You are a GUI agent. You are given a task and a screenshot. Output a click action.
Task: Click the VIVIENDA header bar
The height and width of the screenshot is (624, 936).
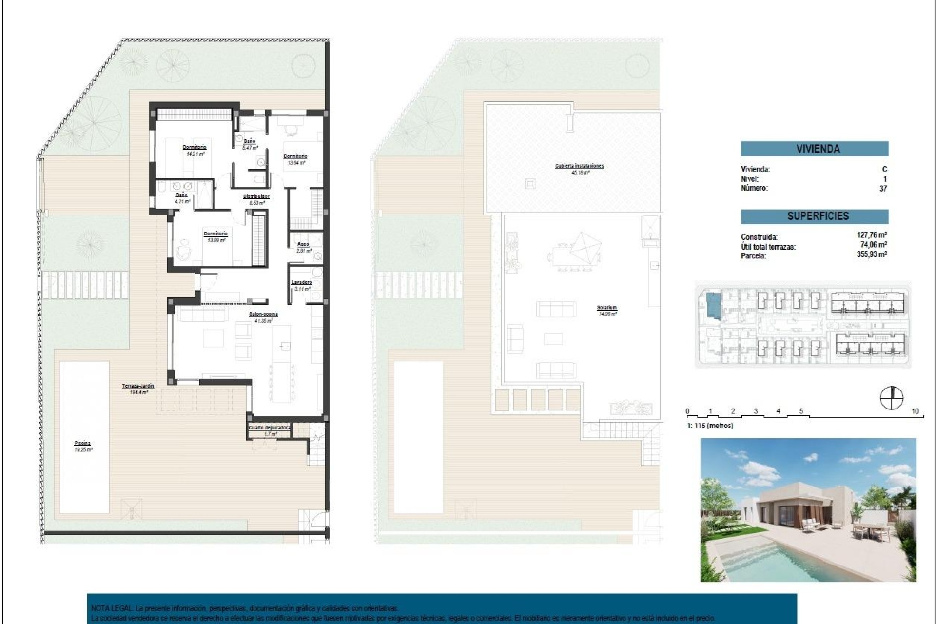(x=814, y=149)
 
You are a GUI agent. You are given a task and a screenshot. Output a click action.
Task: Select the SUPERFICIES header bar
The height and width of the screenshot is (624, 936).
(x=814, y=216)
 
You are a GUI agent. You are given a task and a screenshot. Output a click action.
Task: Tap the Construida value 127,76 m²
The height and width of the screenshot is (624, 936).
(x=872, y=235)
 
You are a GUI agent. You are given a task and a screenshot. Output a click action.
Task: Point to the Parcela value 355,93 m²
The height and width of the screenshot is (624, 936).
(x=872, y=254)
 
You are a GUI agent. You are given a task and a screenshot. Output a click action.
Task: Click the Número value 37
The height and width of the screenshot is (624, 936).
(x=883, y=188)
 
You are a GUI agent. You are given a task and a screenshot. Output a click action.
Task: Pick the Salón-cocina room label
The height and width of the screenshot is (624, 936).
(x=263, y=314)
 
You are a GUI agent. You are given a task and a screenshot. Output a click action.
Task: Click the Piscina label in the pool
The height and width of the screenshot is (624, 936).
(x=83, y=443)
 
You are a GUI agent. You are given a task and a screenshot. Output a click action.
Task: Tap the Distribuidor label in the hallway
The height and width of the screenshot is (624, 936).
(x=256, y=196)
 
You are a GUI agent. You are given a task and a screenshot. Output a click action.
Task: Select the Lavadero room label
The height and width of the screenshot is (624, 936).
(x=301, y=282)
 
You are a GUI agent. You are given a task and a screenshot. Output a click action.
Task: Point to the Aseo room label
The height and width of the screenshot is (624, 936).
(x=303, y=244)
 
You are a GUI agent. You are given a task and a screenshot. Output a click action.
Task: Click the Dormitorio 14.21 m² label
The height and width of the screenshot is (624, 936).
(x=195, y=147)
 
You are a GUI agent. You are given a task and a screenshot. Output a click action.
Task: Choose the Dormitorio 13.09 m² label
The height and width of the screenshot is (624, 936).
(x=215, y=234)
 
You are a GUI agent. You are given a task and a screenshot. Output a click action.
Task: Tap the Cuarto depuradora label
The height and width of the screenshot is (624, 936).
(x=270, y=428)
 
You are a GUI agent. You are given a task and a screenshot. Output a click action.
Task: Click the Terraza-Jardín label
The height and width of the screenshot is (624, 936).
(x=138, y=386)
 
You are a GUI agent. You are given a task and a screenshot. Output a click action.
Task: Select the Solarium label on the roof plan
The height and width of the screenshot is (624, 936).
(x=607, y=308)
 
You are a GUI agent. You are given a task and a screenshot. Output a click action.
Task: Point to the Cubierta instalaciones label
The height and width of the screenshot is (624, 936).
(x=579, y=166)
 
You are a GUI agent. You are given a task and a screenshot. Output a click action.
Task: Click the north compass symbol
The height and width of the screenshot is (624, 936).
(x=891, y=397)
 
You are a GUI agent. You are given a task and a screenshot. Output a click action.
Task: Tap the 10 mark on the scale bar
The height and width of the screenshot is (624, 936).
(x=915, y=411)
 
